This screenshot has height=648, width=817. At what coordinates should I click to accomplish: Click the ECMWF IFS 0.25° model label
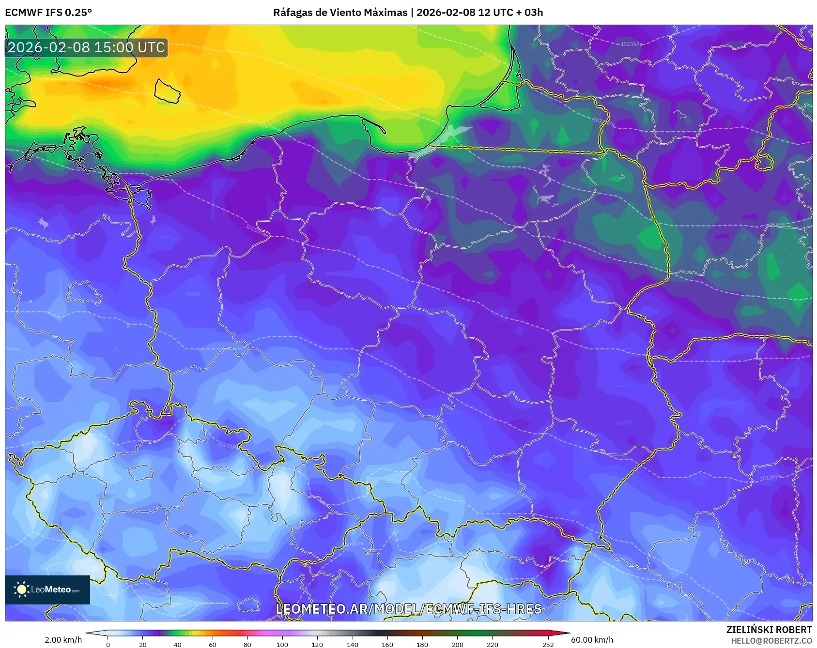(x=48, y=13)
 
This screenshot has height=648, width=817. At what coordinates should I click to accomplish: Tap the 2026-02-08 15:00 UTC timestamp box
(x=86, y=47)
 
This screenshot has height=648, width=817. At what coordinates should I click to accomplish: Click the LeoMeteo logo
(x=47, y=589)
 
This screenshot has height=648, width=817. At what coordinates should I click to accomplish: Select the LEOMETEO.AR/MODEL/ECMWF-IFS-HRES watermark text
(x=408, y=609)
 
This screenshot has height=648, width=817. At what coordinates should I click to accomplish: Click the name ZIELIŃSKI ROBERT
(x=769, y=630)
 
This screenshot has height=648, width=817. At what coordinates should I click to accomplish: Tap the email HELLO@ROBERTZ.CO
(x=771, y=641)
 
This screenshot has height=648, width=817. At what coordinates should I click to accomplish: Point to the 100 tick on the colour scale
(x=282, y=644)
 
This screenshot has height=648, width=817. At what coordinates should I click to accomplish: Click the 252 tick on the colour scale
(x=548, y=644)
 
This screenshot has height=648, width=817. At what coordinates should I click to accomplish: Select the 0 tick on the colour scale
(x=108, y=644)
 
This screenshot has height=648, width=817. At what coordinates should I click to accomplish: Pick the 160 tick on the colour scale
(x=387, y=644)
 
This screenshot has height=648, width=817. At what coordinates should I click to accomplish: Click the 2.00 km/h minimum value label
(x=63, y=640)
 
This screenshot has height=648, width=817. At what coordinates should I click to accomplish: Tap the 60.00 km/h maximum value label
(x=592, y=640)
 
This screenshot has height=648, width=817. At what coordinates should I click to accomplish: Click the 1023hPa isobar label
(x=631, y=44)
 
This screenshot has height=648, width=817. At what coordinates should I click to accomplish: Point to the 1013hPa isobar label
(x=770, y=478)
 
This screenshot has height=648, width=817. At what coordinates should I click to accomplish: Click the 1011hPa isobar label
(x=227, y=444)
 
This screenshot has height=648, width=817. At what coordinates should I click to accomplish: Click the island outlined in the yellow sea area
(x=167, y=91)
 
